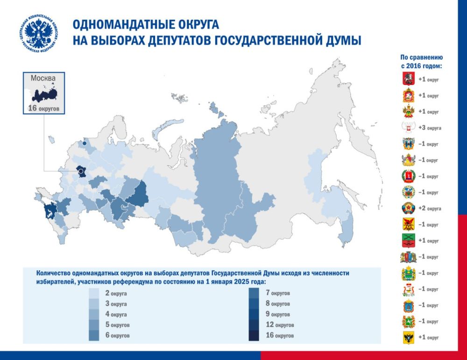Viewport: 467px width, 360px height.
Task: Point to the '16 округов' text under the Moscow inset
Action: click(43, 110)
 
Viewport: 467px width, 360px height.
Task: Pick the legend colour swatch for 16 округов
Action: click(255, 335)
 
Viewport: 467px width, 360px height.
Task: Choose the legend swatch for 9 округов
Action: click(255, 314)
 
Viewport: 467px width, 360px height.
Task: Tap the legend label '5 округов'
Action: click(117, 325)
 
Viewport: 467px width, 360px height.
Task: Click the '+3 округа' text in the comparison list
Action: click(429, 128)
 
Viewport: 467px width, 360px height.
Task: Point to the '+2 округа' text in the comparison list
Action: click(429, 208)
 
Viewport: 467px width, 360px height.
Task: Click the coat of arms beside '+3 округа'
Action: click(408, 127)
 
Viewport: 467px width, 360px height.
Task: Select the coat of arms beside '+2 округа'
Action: click(408, 208)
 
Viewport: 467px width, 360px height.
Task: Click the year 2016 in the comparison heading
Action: click(417, 66)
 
